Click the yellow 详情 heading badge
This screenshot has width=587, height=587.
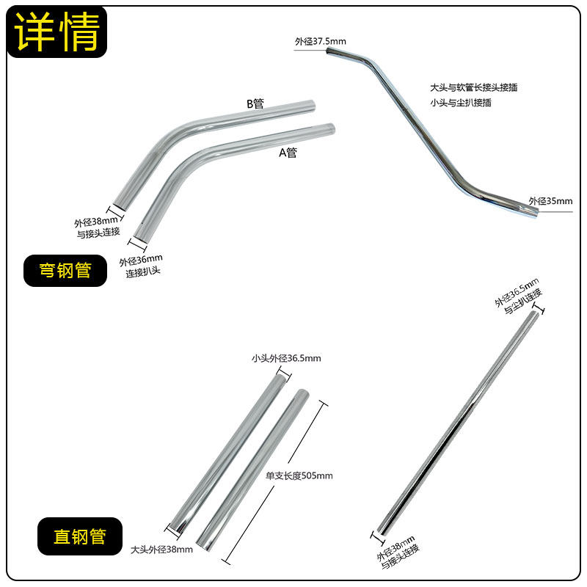(57, 33)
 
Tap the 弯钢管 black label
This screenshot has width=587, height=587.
(65, 271)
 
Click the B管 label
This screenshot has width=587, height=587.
(255, 103)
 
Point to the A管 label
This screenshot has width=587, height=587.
(288, 153)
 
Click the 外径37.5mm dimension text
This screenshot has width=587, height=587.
(321, 42)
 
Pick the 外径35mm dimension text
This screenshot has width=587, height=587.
(550, 200)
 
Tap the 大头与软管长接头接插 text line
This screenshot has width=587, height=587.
(474, 87)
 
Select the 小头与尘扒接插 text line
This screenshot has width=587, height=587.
(461, 103)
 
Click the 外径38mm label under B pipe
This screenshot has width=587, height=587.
(95, 221)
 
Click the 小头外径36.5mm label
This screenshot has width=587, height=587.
(286, 359)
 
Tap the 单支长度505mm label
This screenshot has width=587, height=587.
(299, 475)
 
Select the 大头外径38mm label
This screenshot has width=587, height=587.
(161, 549)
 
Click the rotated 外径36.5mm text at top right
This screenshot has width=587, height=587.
(517, 291)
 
